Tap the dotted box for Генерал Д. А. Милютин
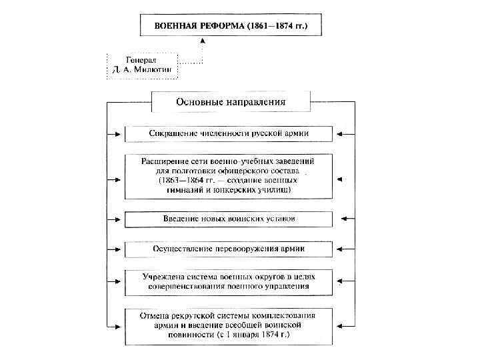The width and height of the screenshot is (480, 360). click(x=141, y=65)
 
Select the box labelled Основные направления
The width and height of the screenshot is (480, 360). click(x=231, y=102)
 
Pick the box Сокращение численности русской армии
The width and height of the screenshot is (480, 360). click(x=229, y=133)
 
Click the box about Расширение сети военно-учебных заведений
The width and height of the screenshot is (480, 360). click(x=229, y=176)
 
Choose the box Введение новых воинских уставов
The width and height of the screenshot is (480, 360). click(x=229, y=219)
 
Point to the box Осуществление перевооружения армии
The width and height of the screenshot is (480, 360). click(x=229, y=249)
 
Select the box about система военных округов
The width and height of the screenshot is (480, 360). click(x=229, y=281)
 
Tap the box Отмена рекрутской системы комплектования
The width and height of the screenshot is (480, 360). click(x=229, y=325)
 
